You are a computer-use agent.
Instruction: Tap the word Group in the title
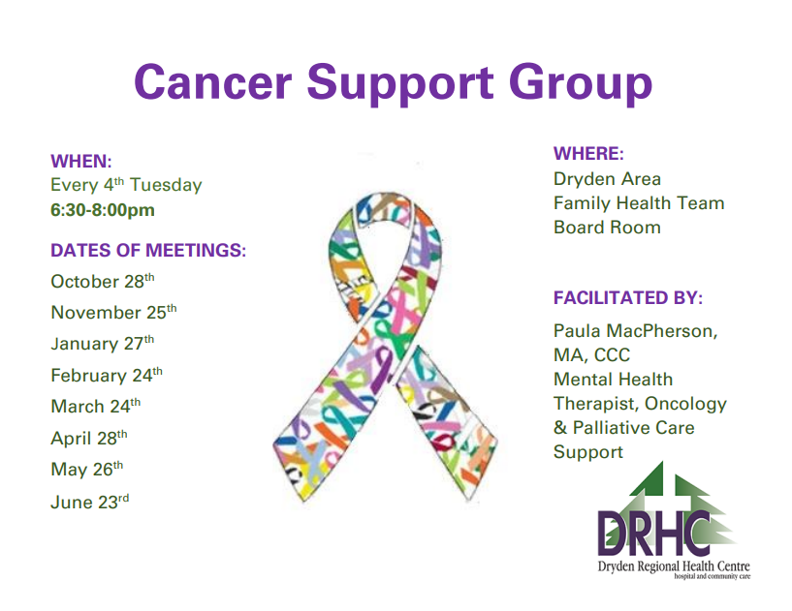click(575, 82)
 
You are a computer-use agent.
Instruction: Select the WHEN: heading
click(81, 161)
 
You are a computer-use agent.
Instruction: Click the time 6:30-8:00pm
click(103, 210)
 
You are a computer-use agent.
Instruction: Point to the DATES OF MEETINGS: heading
click(148, 251)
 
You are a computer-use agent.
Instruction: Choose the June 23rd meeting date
click(89, 502)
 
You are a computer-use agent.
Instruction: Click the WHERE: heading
click(588, 154)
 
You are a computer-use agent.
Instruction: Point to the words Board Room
click(607, 228)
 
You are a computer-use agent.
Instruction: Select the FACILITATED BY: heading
click(628, 297)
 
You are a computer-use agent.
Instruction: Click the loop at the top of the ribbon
click(384, 232)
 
